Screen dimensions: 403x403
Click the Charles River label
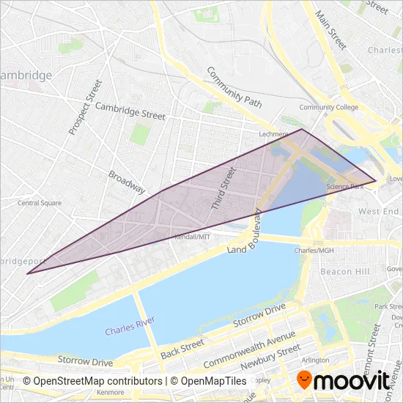(129, 330)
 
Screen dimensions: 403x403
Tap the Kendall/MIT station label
(192, 237)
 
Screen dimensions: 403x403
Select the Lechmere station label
(276, 135)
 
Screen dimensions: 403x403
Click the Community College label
(328, 107)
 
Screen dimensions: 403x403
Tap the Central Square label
(40, 203)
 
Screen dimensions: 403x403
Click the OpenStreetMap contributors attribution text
(93, 381)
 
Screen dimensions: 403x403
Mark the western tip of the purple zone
(28, 274)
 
